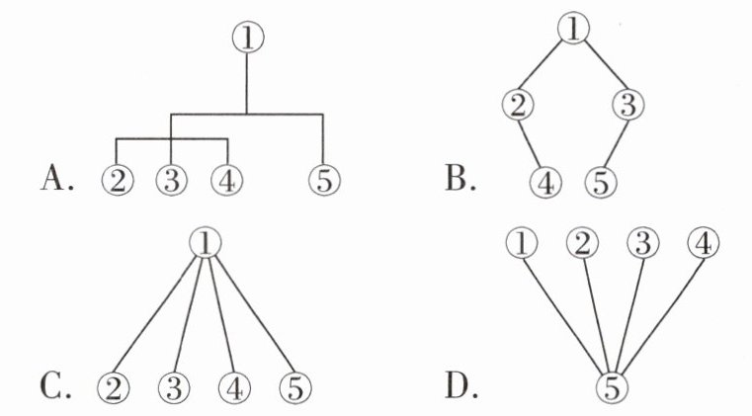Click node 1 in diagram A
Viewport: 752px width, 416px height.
(247, 38)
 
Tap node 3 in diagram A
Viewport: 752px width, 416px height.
(171, 181)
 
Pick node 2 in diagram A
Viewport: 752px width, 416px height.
(117, 181)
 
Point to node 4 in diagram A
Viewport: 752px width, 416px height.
(226, 181)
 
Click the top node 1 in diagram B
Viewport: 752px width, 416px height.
(573, 29)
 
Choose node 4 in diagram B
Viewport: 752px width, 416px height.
(544, 182)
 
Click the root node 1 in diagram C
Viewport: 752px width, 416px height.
(206, 241)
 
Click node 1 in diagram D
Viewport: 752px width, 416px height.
(523, 241)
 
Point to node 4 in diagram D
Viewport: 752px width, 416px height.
(703, 241)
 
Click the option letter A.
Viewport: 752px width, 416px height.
(57, 179)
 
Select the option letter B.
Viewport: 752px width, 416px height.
(460, 179)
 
